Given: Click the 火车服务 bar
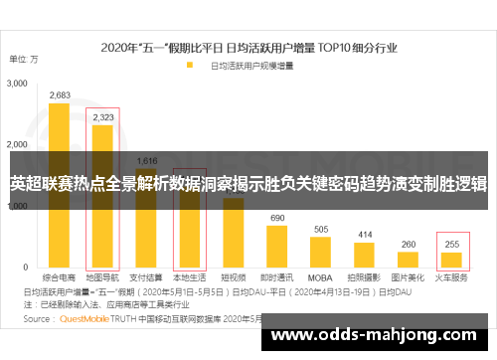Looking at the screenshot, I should [452, 261].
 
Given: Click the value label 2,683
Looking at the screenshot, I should [59, 95].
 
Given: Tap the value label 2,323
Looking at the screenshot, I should [102, 117].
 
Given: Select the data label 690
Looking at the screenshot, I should [276, 218].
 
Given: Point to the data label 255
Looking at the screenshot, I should [452, 245].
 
